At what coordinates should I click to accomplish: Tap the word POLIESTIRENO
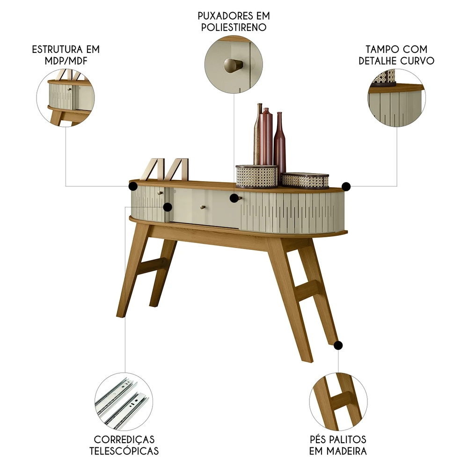[x=234, y=27]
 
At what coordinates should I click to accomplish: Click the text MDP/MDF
[x=66, y=61]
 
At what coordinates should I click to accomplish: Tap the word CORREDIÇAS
[x=124, y=439]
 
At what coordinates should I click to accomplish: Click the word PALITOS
[x=348, y=439]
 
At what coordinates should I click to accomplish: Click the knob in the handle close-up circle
[x=233, y=65]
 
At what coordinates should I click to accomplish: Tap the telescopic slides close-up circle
[x=123, y=402]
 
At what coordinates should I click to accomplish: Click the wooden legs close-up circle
[x=337, y=402]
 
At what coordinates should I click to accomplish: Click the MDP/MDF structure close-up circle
[x=66, y=98]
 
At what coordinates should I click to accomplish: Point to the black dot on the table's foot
[x=338, y=345]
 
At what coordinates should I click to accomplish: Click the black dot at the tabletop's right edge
[x=346, y=187]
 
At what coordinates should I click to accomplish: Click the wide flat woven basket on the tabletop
[x=305, y=180]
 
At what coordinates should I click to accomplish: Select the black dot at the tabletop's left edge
[x=132, y=187]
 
